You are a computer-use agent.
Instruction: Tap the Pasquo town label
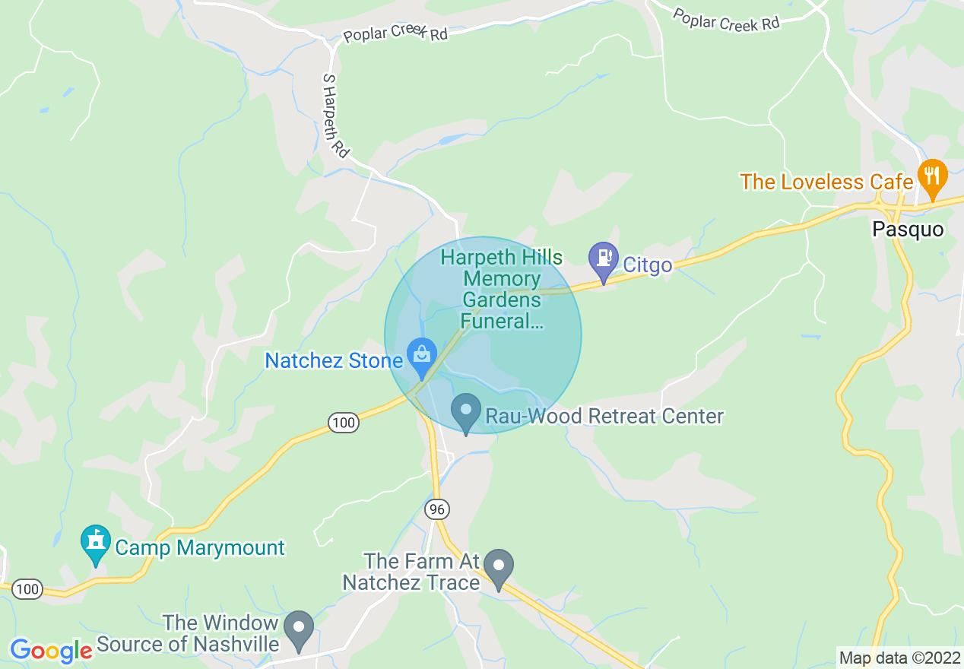[908, 230]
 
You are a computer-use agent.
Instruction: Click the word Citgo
[648, 265]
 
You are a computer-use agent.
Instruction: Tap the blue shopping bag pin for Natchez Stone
[420, 355]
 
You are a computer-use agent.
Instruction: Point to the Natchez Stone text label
[333, 360]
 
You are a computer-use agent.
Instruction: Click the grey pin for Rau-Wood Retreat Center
[465, 411]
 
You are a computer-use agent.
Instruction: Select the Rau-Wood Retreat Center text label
[604, 417]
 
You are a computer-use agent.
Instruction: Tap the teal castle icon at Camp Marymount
[96, 543]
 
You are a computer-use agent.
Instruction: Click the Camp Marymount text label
[199, 547]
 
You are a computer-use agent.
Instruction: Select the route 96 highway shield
[438, 509]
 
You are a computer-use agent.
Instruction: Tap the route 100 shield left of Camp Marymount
[28, 588]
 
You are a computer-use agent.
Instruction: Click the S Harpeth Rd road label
[335, 116]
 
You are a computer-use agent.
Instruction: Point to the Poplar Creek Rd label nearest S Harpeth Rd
[395, 34]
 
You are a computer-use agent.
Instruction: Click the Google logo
[51, 651]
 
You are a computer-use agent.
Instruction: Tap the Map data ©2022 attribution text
[899, 658]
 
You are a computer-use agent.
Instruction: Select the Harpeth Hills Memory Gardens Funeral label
[502, 290]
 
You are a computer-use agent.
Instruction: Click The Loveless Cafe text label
[826, 182]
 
